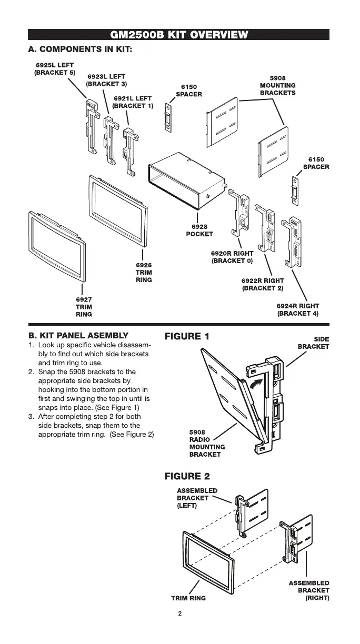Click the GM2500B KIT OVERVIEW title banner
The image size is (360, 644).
[x=179, y=35]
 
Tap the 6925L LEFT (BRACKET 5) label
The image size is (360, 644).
[x=54, y=68]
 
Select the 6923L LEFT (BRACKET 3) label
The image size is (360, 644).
[x=106, y=80]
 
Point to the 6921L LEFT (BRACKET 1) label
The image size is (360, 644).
[x=132, y=102]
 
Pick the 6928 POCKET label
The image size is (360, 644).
[x=199, y=230]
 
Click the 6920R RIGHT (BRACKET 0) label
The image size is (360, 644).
[x=232, y=257]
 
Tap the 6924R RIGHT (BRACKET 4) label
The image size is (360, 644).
[x=298, y=309]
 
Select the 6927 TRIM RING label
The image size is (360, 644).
[x=84, y=307]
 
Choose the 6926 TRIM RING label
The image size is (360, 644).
[x=144, y=273]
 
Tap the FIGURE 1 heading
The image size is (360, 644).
[x=187, y=336]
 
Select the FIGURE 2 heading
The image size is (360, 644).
[x=187, y=476]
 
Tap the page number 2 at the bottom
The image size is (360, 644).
[x=179, y=613]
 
